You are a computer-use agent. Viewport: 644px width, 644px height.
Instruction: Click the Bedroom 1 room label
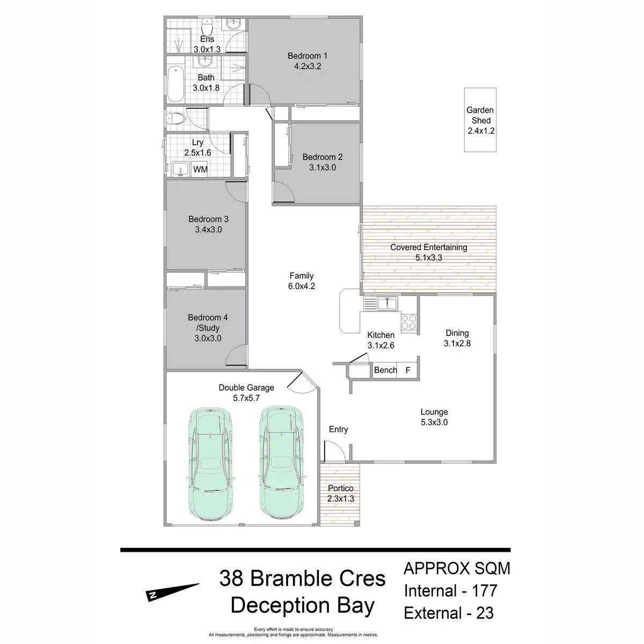pos(308,56)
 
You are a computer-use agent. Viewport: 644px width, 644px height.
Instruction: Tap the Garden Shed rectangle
pos(480,120)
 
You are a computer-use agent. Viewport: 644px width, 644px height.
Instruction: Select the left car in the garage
pos(210,463)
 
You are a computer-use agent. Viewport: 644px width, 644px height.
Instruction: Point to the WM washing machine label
pos(200,170)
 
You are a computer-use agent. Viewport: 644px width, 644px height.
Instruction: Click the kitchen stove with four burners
pos(409,321)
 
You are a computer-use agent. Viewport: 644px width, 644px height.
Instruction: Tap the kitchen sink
pos(386,304)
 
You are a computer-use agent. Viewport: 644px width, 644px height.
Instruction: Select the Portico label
pos(341,488)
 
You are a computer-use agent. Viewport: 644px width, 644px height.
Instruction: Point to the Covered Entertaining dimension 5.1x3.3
pos(428,258)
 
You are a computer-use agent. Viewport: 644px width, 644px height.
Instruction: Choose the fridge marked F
pos(408,370)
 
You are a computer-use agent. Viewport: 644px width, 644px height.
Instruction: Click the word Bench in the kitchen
pos(385,370)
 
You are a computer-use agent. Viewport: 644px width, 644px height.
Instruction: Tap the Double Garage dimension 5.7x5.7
pos(246,398)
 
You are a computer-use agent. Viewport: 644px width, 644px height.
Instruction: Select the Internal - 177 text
pos(450,591)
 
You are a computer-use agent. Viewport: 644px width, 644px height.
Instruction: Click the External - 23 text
pos(449,613)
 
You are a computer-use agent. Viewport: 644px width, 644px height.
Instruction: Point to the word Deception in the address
pos(272,605)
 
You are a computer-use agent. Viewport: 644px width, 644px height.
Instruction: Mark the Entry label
pos(339,429)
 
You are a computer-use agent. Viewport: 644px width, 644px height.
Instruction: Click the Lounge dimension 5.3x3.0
pos(434,422)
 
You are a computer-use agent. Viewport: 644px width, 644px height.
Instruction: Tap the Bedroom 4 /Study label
pos(208,323)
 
